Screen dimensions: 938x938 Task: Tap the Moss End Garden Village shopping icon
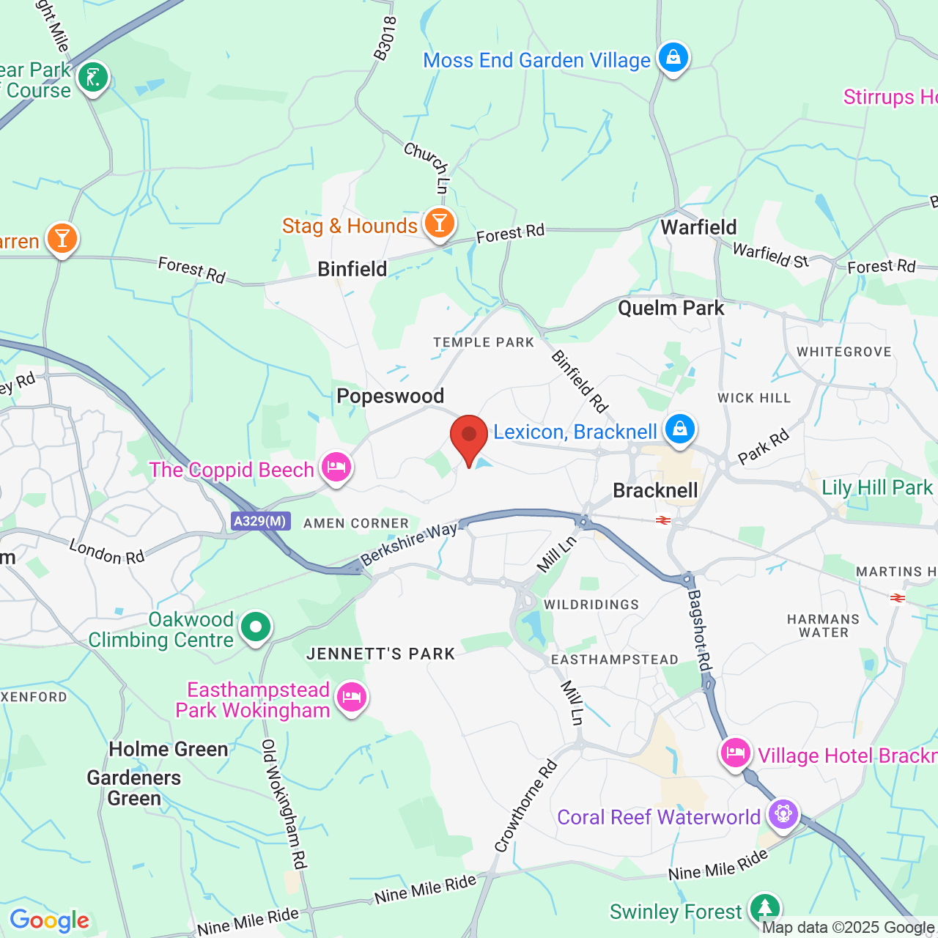(673, 57)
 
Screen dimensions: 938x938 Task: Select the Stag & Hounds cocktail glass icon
(439, 223)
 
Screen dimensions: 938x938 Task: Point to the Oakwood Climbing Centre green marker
(255, 627)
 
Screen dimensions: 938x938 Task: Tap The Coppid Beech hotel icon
(336, 467)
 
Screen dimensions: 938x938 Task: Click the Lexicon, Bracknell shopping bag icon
(679, 428)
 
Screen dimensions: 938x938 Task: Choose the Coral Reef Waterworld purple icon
(783, 813)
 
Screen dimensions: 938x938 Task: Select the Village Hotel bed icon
(735, 753)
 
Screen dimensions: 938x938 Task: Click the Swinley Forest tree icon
(764, 908)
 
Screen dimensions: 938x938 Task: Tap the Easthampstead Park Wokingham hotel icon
(352, 696)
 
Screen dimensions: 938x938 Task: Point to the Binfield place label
(352, 269)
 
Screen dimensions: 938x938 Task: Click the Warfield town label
(698, 227)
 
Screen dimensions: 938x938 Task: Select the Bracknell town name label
(655, 490)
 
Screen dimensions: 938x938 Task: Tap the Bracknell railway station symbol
(663, 520)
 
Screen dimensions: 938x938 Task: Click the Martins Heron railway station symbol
(898, 598)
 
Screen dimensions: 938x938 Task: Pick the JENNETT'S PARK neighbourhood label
(380, 654)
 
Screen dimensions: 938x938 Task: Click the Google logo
(49, 920)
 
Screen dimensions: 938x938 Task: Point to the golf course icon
(93, 76)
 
